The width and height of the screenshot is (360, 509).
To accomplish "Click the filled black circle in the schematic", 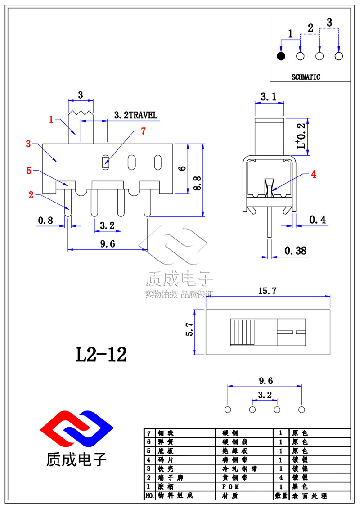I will pyautogui.click(x=281, y=56).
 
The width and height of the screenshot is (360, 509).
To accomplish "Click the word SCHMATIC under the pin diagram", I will pyautogui.click(x=306, y=77).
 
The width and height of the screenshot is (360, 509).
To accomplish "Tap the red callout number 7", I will pyautogui.click(x=143, y=131).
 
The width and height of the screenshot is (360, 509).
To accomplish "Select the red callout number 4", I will pyautogui.click(x=314, y=174).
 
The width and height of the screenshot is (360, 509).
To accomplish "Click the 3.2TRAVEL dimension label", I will pyautogui.click(x=136, y=115).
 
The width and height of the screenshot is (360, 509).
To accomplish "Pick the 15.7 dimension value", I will pyautogui.click(x=268, y=291).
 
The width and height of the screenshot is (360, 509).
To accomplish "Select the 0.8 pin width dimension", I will pyautogui.click(x=45, y=220).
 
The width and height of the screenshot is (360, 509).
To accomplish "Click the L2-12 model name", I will pyautogui.click(x=101, y=355).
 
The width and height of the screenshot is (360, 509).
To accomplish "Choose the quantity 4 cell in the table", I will pyautogui.click(x=281, y=477).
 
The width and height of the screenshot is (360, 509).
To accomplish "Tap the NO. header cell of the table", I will pyautogui.click(x=149, y=495).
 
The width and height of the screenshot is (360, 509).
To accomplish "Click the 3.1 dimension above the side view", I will pyautogui.click(x=269, y=96).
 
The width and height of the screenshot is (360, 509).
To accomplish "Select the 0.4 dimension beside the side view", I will pyautogui.click(x=318, y=220).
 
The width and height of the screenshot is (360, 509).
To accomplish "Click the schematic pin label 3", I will pyautogui.click(x=329, y=22).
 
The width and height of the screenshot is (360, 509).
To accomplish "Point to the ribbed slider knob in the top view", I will pyautogui.click(x=242, y=332).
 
